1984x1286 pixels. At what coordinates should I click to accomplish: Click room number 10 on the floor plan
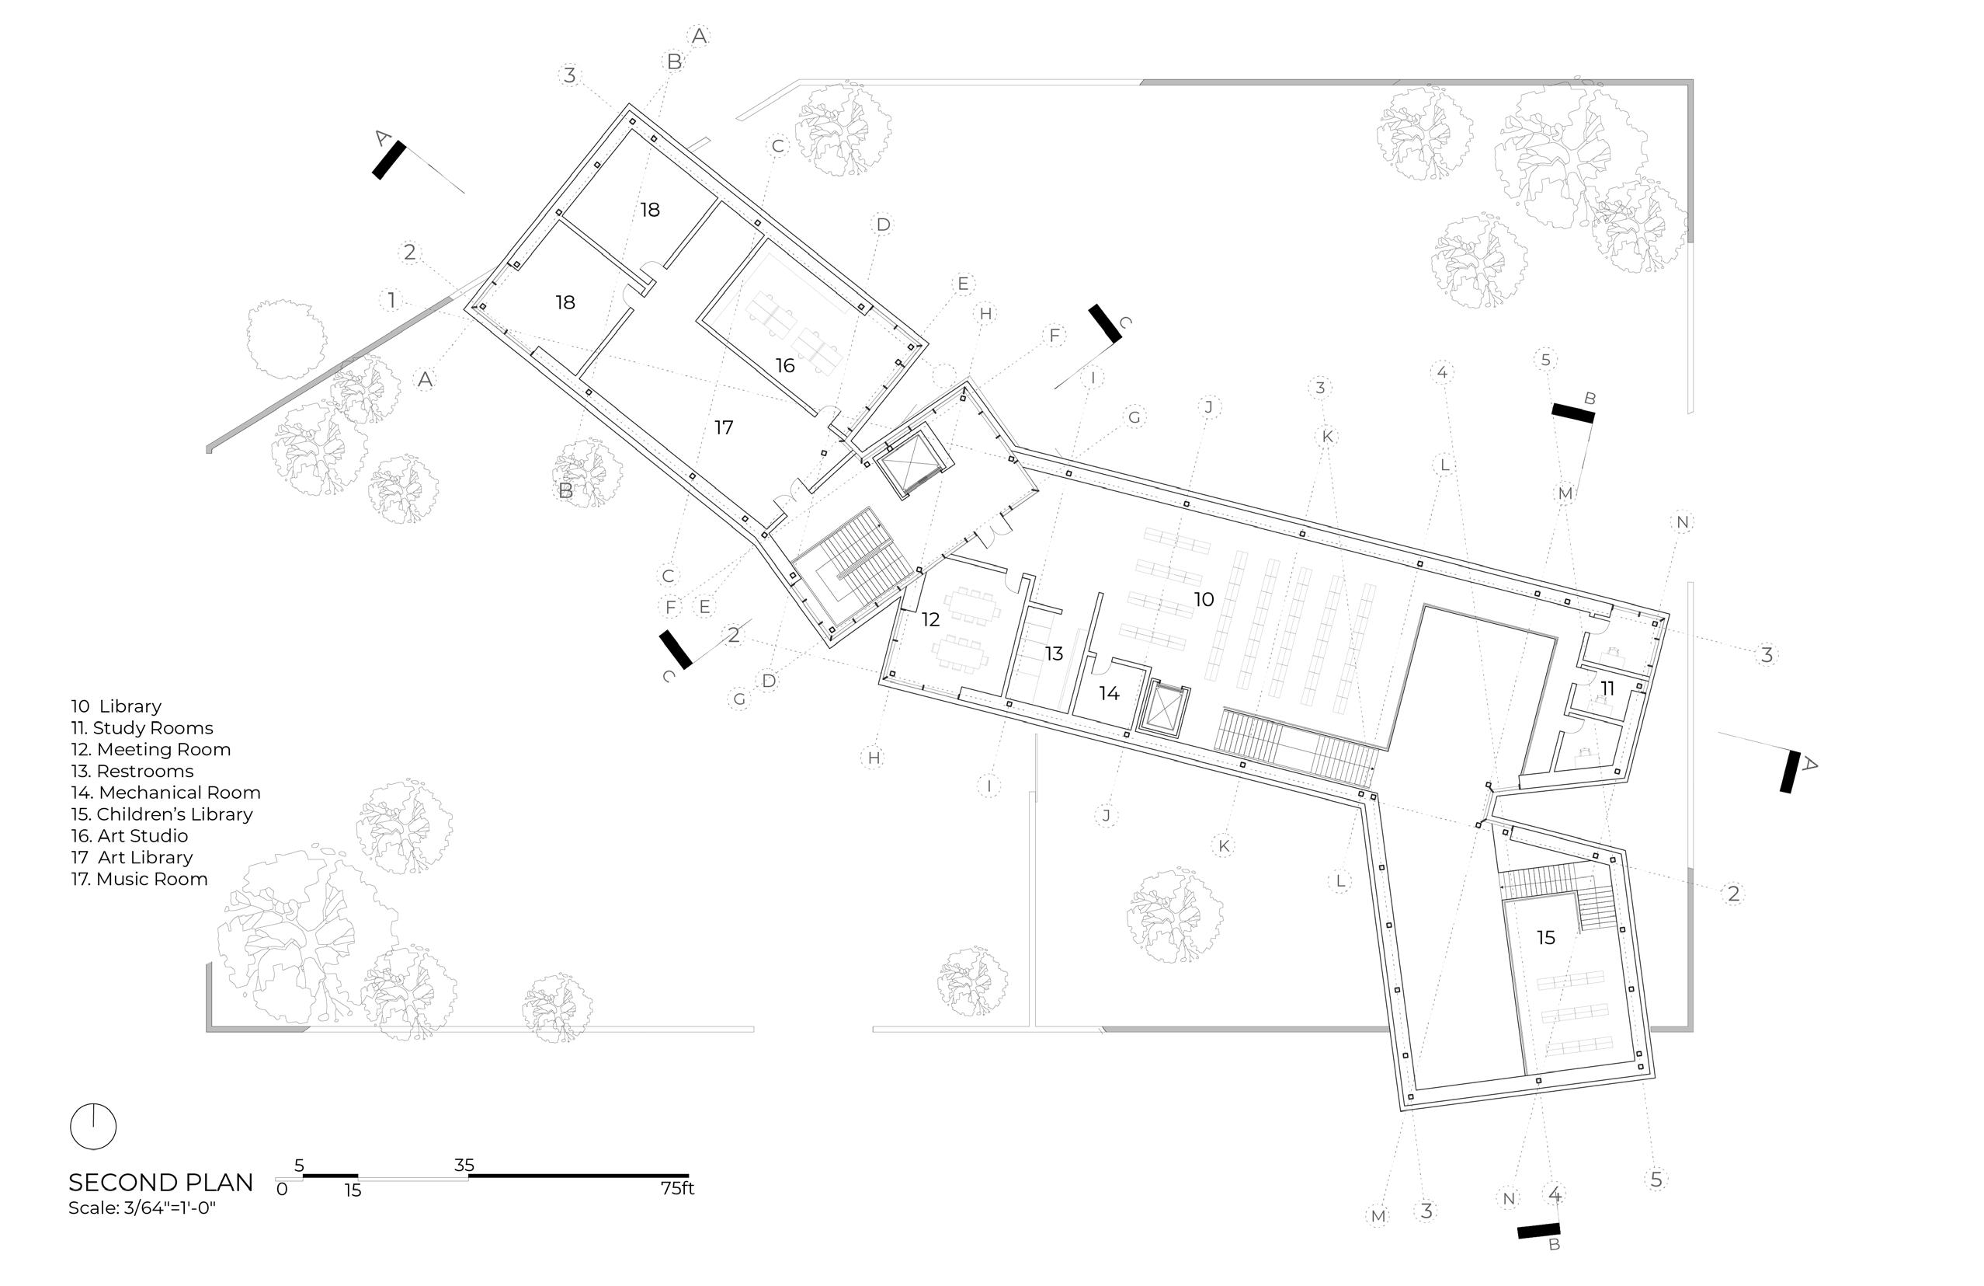tap(1203, 599)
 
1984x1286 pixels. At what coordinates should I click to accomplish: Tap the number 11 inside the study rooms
tap(1607, 688)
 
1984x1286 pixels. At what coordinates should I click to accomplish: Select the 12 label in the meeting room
tap(930, 619)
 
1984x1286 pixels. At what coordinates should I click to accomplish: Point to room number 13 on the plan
tap(1054, 653)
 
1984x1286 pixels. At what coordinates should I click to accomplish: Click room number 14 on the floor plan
tap(1109, 693)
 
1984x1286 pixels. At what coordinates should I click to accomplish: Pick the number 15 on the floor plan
tap(1545, 937)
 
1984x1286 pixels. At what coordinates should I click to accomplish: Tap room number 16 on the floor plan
tap(784, 365)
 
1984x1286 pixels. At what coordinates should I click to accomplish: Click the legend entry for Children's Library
tap(162, 814)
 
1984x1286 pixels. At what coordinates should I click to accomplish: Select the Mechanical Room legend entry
tap(166, 793)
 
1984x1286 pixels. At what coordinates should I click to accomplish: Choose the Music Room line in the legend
tap(139, 879)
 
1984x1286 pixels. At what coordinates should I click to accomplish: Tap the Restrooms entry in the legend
tap(133, 772)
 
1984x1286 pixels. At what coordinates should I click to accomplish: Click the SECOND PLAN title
tap(161, 1182)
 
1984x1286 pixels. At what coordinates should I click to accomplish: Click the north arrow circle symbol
tap(93, 1127)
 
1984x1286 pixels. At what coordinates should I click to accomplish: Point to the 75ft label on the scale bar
tap(677, 1188)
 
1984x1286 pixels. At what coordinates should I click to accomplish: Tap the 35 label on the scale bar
tap(464, 1165)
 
